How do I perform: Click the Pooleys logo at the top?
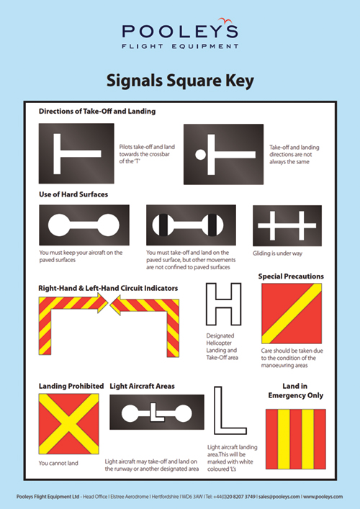pos(179,35)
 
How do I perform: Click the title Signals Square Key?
pos(179,81)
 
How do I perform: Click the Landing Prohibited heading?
pos(71,386)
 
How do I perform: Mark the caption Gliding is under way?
pos(282,253)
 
